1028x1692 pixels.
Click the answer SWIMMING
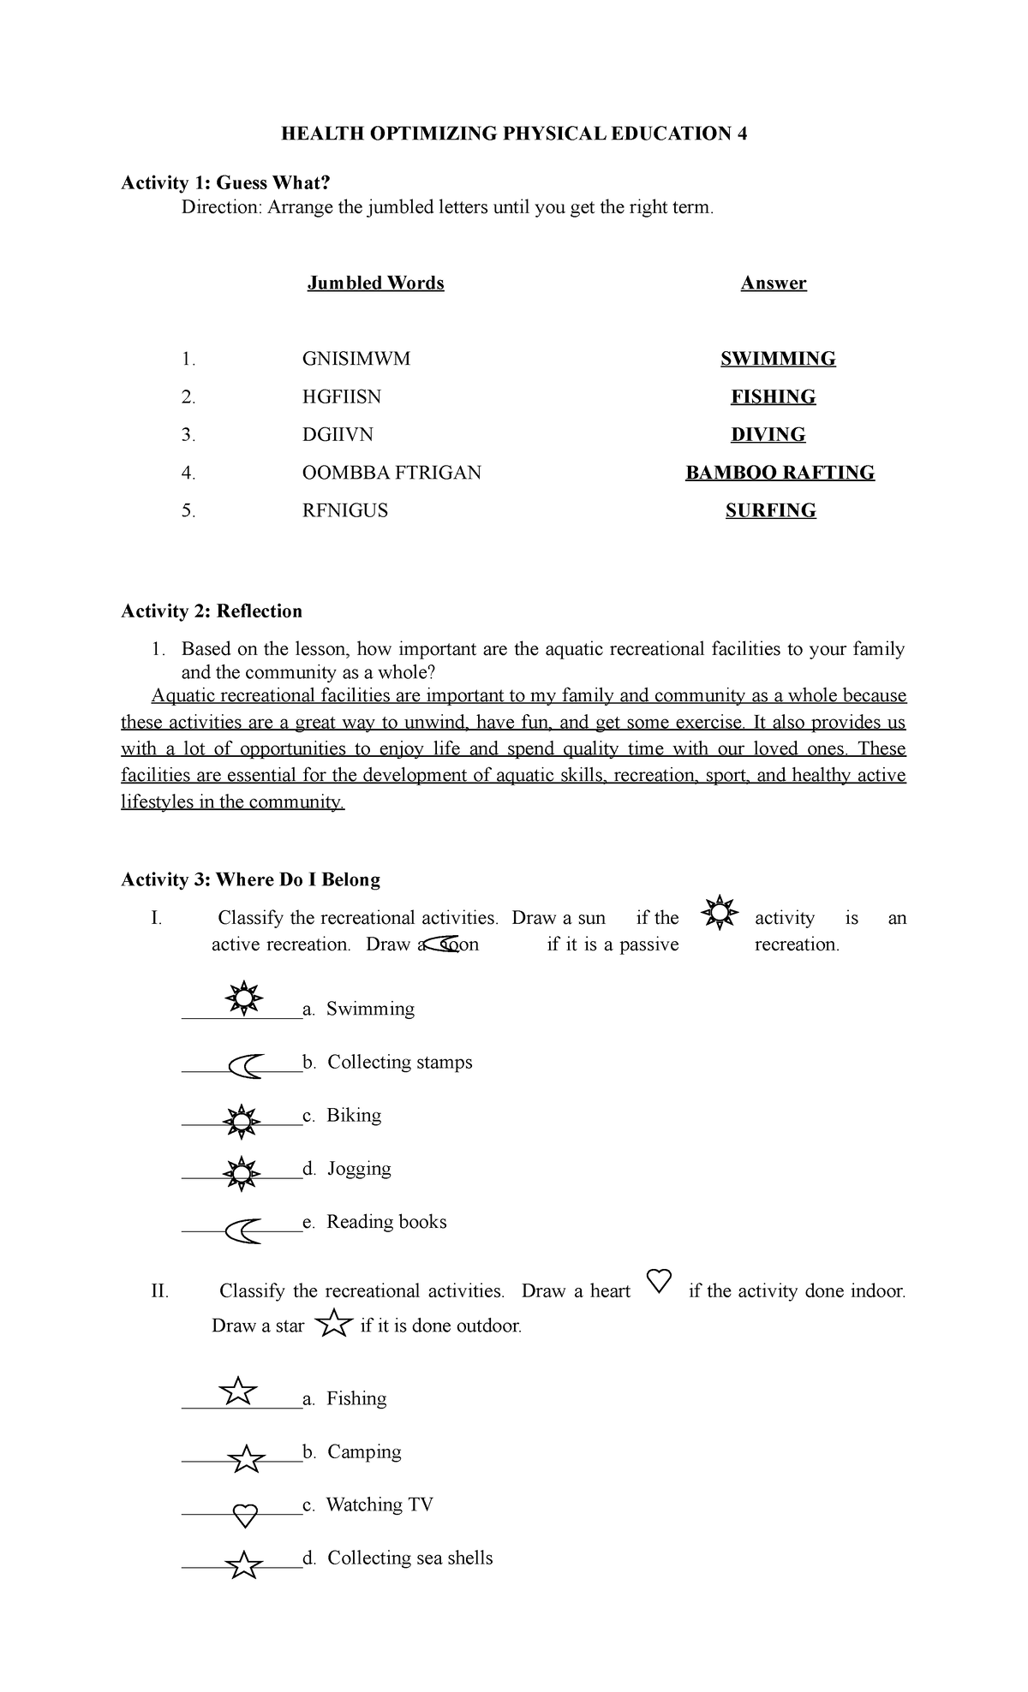pyautogui.click(x=778, y=359)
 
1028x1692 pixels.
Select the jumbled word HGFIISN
pyautogui.click(x=342, y=396)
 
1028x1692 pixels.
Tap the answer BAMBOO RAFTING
pyautogui.click(x=780, y=473)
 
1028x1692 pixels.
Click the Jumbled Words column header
pyautogui.click(x=375, y=283)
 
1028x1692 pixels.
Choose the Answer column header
pyautogui.click(x=774, y=283)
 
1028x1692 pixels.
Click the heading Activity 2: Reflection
pyautogui.click(x=212, y=611)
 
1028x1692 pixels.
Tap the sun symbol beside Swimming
pyautogui.click(x=244, y=998)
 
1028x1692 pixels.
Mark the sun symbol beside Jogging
pyautogui.click(x=242, y=1172)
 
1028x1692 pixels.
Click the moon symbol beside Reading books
pyautogui.click(x=243, y=1230)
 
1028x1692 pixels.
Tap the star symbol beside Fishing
pyautogui.click(x=238, y=1391)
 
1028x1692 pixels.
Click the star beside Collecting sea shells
pyautogui.click(x=244, y=1565)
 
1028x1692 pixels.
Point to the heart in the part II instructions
pyautogui.click(x=659, y=1281)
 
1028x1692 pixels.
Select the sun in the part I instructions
pyautogui.click(x=719, y=913)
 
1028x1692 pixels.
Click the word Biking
pyautogui.click(x=354, y=1115)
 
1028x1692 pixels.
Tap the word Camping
pyautogui.click(x=364, y=1451)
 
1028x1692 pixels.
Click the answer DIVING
pyautogui.click(x=768, y=435)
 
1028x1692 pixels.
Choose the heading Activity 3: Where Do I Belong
pyautogui.click(x=250, y=879)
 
